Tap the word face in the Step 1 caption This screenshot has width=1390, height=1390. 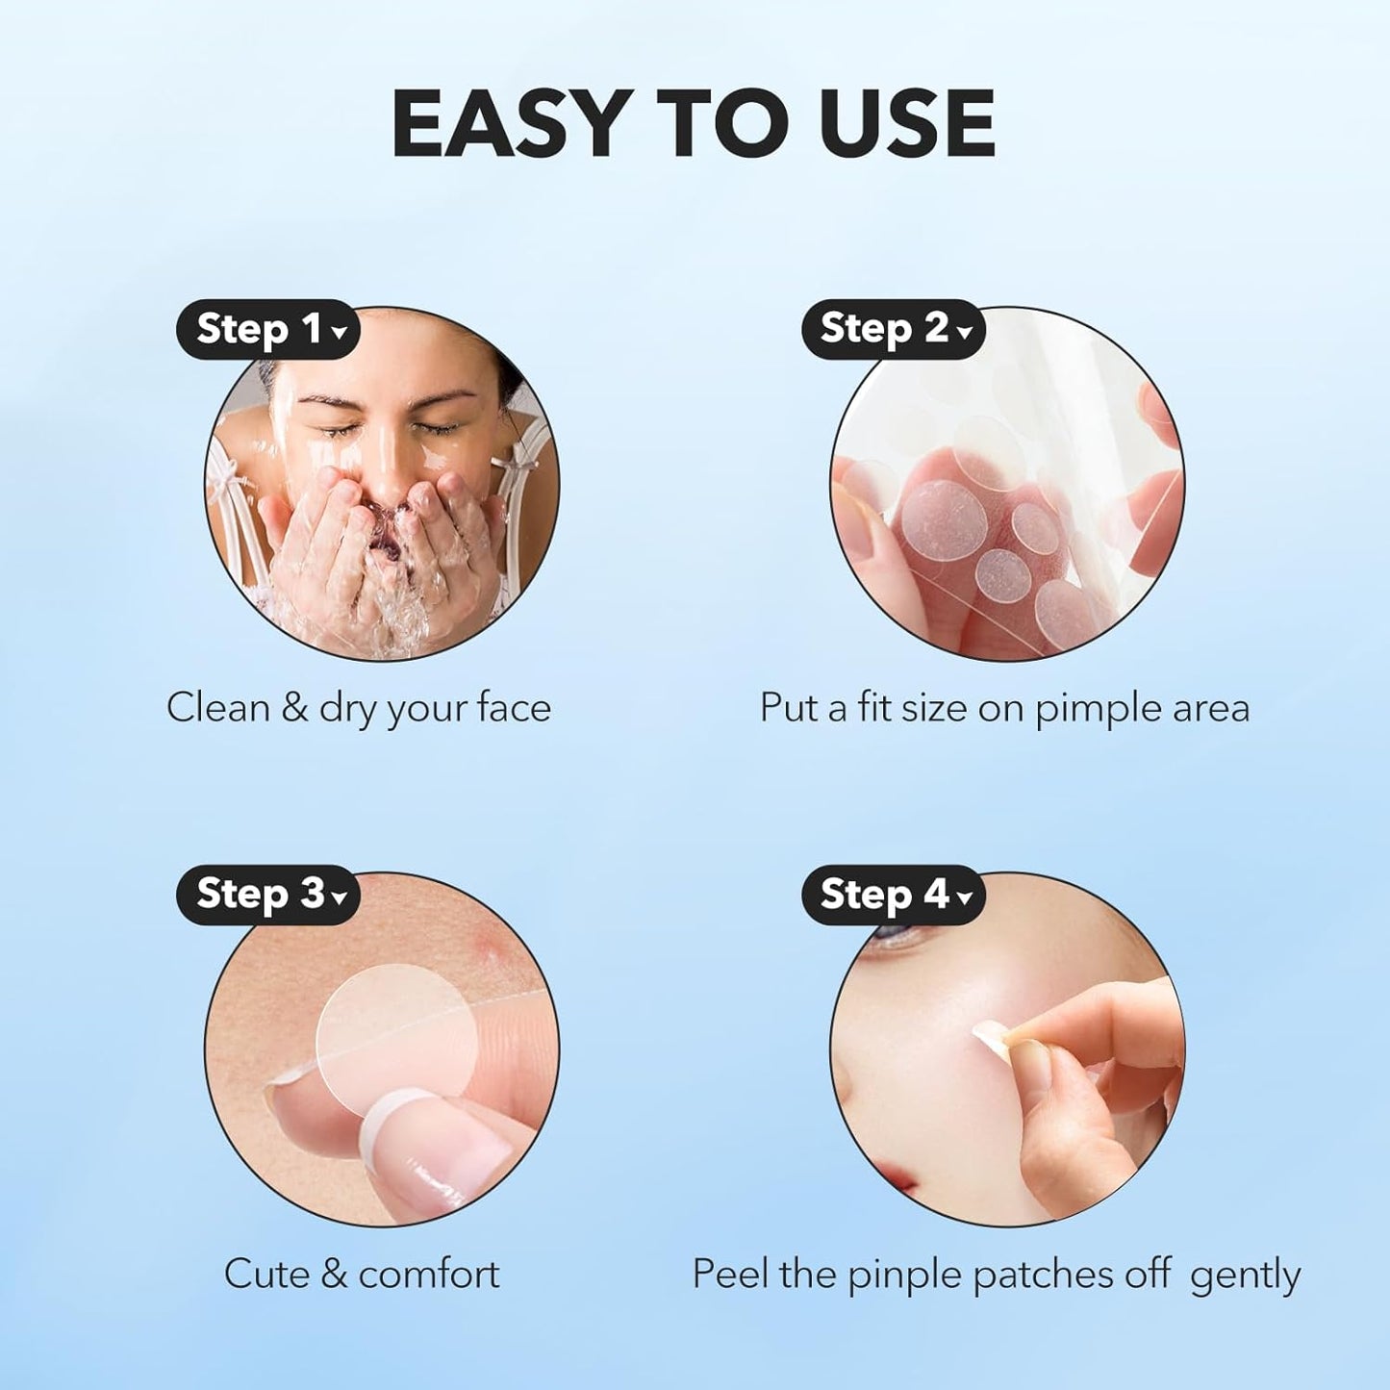click(515, 708)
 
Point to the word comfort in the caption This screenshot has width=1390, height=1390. click(429, 1274)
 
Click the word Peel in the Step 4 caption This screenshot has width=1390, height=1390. click(730, 1274)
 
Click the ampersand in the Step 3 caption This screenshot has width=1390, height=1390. click(333, 1274)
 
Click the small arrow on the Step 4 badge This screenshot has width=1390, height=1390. click(965, 898)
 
